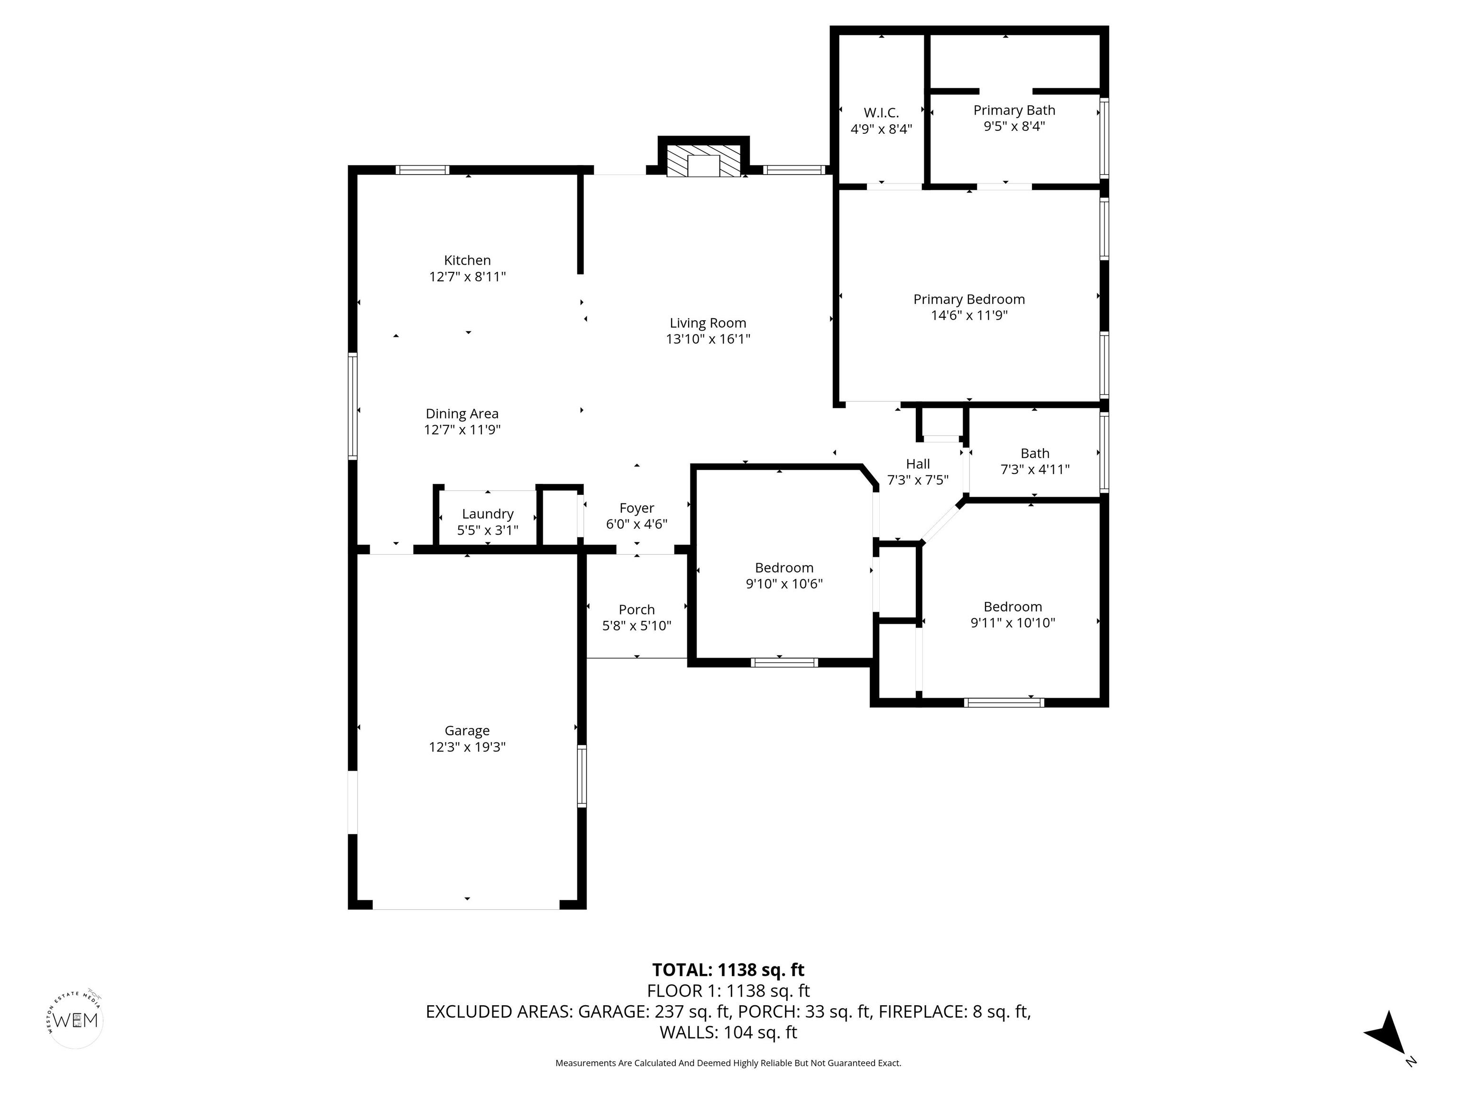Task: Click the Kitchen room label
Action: tap(467, 260)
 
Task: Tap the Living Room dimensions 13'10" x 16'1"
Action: tap(708, 339)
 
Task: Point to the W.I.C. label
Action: tap(881, 112)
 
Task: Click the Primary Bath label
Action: tap(1014, 110)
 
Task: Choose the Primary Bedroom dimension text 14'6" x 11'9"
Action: tap(969, 315)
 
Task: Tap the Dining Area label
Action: tap(462, 414)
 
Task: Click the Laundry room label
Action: tap(488, 514)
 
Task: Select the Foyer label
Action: tap(636, 508)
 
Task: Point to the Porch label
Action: tap(636, 610)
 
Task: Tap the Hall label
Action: tap(918, 464)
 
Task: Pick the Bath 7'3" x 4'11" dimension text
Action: tap(1035, 470)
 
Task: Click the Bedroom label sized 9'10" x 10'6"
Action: tap(784, 567)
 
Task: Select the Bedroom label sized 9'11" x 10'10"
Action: tap(1013, 607)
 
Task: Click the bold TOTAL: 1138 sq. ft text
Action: tap(728, 970)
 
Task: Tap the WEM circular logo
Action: tap(76, 1020)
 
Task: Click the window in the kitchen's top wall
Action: tap(422, 170)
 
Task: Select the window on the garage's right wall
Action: tap(581, 776)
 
